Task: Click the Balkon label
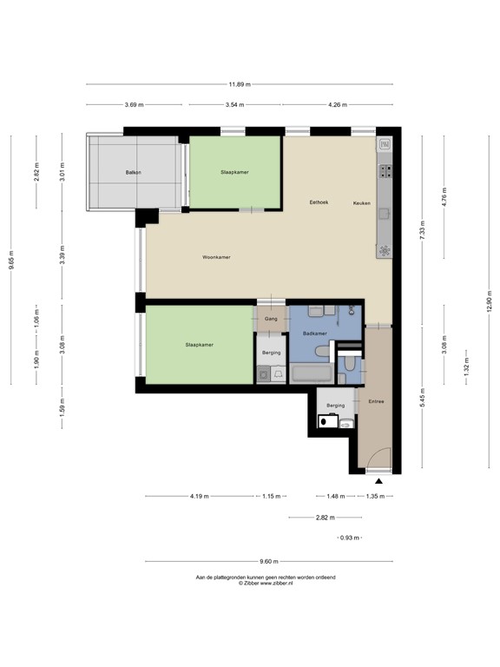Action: tap(133, 173)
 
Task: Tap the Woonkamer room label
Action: tap(216, 257)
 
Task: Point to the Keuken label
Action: tap(362, 202)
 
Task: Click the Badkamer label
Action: tap(315, 333)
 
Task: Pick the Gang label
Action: tap(271, 320)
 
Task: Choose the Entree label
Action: tap(376, 402)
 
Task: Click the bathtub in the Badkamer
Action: tap(311, 375)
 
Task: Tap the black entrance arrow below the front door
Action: tap(378, 479)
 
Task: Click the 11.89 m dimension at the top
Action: tap(240, 84)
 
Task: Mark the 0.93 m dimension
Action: tap(349, 538)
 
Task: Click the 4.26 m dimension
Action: tap(337, 105)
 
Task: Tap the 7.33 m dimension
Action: tap(423, 234)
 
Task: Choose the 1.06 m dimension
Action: tap(36, 319)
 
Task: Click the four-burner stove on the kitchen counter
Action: tap(385, 170)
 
